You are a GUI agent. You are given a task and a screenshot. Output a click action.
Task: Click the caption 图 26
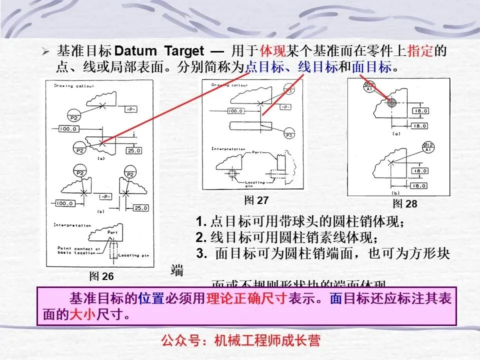pos(101,276)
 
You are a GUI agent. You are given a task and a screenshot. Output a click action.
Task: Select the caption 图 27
pos(256,200)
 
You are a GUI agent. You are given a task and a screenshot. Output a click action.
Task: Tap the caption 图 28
pos(405,203)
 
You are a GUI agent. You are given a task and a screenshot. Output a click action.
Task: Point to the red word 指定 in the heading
pos(420,50)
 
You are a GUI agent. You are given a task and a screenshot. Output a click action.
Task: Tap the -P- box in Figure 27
pos(285,107)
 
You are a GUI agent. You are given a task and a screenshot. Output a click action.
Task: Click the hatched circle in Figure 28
pos(391,102)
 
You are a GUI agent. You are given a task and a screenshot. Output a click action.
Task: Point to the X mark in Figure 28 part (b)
pos(393,161)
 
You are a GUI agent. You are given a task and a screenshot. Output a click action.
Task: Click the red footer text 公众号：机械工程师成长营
pos(240,341)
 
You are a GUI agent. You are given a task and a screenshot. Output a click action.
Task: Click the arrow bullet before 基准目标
pos(45,51)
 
